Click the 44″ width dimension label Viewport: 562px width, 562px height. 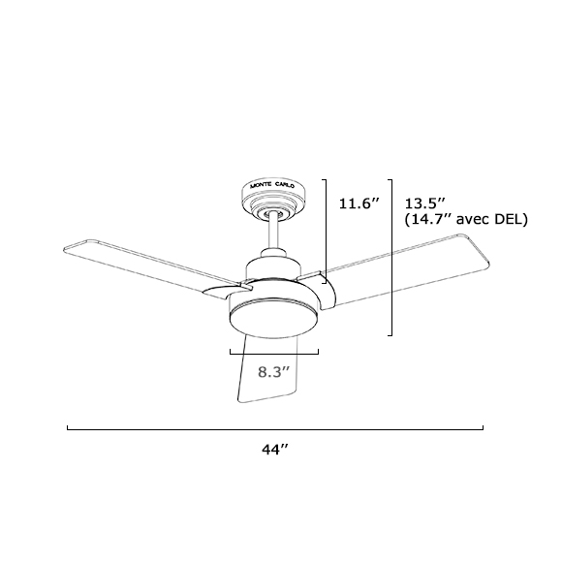[276, 450]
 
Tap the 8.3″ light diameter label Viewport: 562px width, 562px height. [275, 371]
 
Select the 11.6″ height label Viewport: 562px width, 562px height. [358, 203]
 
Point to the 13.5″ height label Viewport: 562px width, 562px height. [423, 203]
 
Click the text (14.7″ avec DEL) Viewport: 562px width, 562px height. [464, 220]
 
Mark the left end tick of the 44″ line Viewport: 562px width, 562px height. [67, 427]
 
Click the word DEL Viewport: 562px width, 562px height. [511, 220]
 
